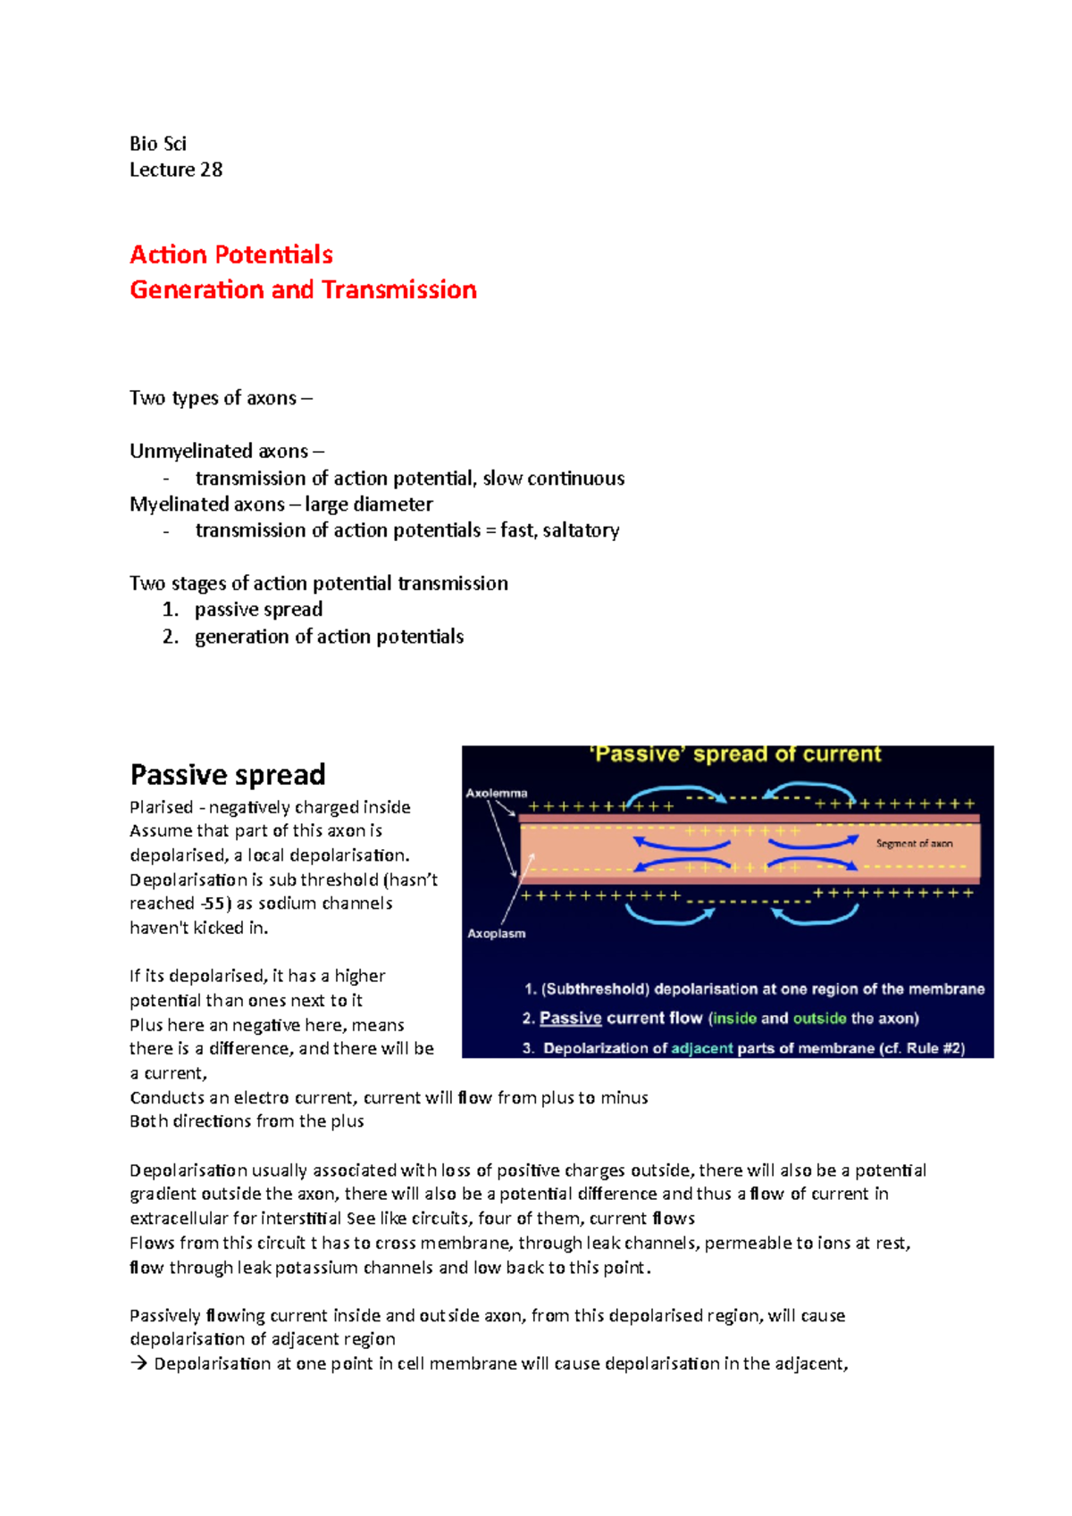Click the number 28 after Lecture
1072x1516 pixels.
pos(211,170)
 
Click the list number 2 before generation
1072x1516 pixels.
pos(170,637)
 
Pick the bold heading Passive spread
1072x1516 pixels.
pos(228,774)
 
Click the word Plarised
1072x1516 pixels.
pos(161,807)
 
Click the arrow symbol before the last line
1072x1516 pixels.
pos(138,1364)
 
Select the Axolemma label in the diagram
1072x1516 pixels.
pos(497,793)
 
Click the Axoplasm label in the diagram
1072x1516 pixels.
pos(497,934)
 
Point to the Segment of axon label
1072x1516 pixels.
pos(914,844)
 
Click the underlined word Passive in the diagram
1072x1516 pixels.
pos(570,1019)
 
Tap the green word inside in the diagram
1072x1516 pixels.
pos(734,1019)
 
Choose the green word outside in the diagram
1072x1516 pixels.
pos(819,1019)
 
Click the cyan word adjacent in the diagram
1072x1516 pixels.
pos(702,1048)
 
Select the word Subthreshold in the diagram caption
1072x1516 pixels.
pos(595,989)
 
